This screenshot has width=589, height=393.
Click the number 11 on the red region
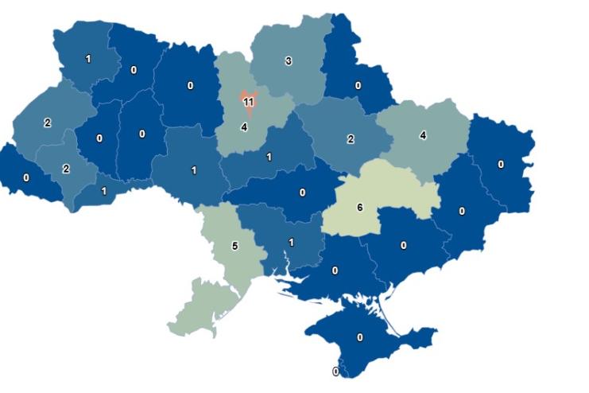[248, 102]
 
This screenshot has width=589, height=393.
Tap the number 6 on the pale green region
[359, 207]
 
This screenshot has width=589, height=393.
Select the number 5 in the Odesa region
[234, 246]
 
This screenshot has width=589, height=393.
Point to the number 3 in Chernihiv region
[289, 60]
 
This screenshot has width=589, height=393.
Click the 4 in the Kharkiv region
[423, 135]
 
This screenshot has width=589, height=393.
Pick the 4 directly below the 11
[244, 126]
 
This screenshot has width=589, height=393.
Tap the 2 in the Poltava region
[351, 139]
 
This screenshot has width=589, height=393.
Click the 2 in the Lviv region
[48, 123]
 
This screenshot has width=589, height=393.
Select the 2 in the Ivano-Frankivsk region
[66, 168]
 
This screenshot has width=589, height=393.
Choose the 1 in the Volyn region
[87, 59]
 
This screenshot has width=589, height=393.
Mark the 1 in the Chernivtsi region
[104, 190]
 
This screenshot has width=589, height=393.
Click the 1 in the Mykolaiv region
[291, 242]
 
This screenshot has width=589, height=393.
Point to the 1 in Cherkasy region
[269, 157]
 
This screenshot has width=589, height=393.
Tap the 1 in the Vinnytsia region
[193, 169]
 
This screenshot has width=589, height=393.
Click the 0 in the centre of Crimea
[360, 337]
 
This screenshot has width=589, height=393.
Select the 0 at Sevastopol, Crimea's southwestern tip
[335, 371]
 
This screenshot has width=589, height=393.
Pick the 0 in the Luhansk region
[501, 164]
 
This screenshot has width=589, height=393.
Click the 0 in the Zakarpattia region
[26, 177]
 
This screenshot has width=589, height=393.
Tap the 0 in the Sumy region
[358, 85]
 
